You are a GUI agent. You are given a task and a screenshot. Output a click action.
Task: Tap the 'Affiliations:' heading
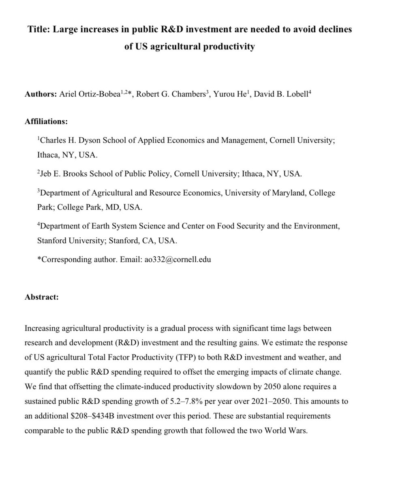pyautogui.click(x=46, y=121)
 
